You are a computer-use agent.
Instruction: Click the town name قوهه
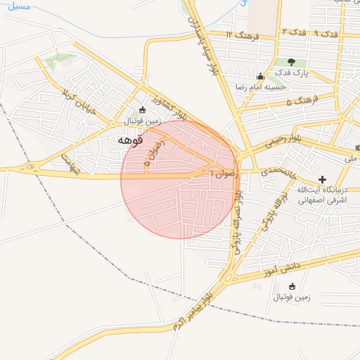click(129, 141)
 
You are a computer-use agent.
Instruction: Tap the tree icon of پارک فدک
click(290, 63)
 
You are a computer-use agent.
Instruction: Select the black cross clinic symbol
click(323, 180)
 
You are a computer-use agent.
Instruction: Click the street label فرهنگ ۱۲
click(243, 34)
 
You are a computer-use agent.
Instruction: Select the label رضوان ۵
click(154, 152)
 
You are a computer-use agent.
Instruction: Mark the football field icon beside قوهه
click(143, 110)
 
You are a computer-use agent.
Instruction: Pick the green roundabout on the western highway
click(30, 168)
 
